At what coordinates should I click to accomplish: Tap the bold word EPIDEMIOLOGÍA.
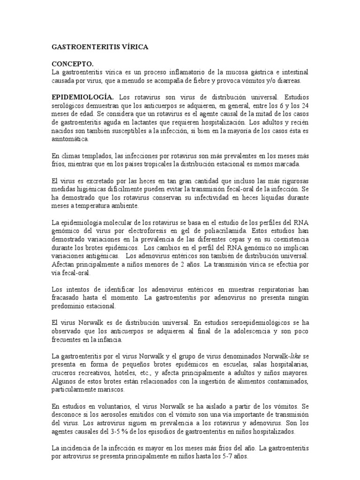click(82, 97)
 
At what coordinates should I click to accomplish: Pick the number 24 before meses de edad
click(303, 105)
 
